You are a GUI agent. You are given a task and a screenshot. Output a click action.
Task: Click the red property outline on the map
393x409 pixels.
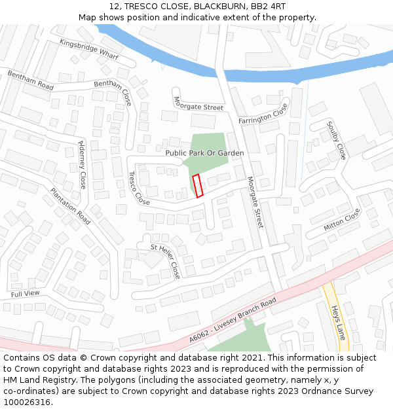pyautogui.click(x=198, y=186)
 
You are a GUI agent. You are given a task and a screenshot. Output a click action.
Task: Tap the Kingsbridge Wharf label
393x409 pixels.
pyautogui.click(x=89, y=50)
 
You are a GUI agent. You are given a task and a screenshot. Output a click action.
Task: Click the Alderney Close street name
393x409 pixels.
pyautogui.click(x=82, y=164)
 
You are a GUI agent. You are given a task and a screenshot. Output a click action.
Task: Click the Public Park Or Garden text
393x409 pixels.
pyautogui.click(x=204, y=153)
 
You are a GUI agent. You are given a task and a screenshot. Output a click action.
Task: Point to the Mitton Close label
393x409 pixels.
pyautogui.click(x=342, y=220)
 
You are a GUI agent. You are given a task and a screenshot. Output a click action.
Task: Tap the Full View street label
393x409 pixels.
pyautogui.click(x=26, y=294)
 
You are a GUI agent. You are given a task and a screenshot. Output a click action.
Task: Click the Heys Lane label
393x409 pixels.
pyautogui.click(x=338, y=323)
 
